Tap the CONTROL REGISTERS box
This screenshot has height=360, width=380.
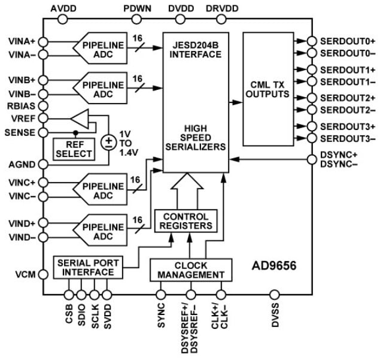186,221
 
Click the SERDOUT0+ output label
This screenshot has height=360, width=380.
347,41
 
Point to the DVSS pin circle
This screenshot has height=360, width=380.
274,294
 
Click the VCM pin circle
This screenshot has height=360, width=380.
43,274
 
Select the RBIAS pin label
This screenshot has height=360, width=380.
22,107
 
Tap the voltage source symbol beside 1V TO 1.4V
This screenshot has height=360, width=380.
109,142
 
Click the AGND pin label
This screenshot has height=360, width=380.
23,164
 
